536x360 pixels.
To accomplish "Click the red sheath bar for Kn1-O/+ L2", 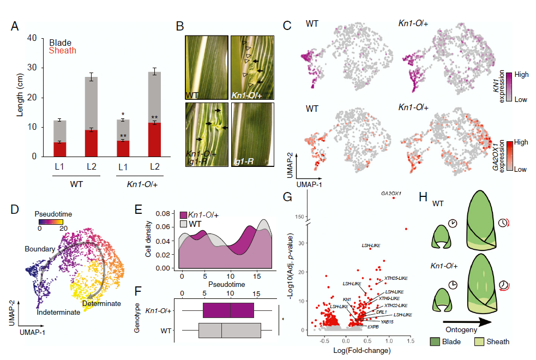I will [156, 139].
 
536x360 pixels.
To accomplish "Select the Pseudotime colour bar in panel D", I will [50, 223].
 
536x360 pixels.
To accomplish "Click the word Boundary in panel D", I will [40, 249].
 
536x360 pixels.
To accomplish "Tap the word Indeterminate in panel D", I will [58, 313].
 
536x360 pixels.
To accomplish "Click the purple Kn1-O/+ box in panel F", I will [228, 310].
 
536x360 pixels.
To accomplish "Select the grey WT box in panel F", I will [230, 331].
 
